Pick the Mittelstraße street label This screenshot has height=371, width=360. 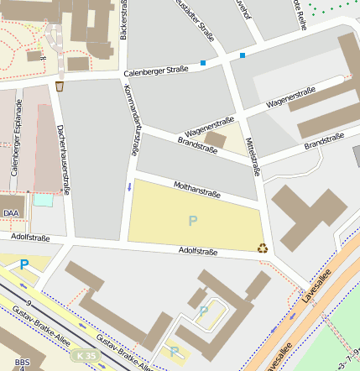253,157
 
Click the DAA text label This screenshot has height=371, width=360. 11,214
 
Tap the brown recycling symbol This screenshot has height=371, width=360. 263,248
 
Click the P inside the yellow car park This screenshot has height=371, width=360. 193,222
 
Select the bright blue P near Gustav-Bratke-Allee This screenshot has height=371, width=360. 24,264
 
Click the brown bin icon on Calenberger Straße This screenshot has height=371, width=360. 60,86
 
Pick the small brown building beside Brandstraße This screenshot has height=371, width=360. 217,138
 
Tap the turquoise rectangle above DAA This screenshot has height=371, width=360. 43,201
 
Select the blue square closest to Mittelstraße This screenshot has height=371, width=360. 243,55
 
